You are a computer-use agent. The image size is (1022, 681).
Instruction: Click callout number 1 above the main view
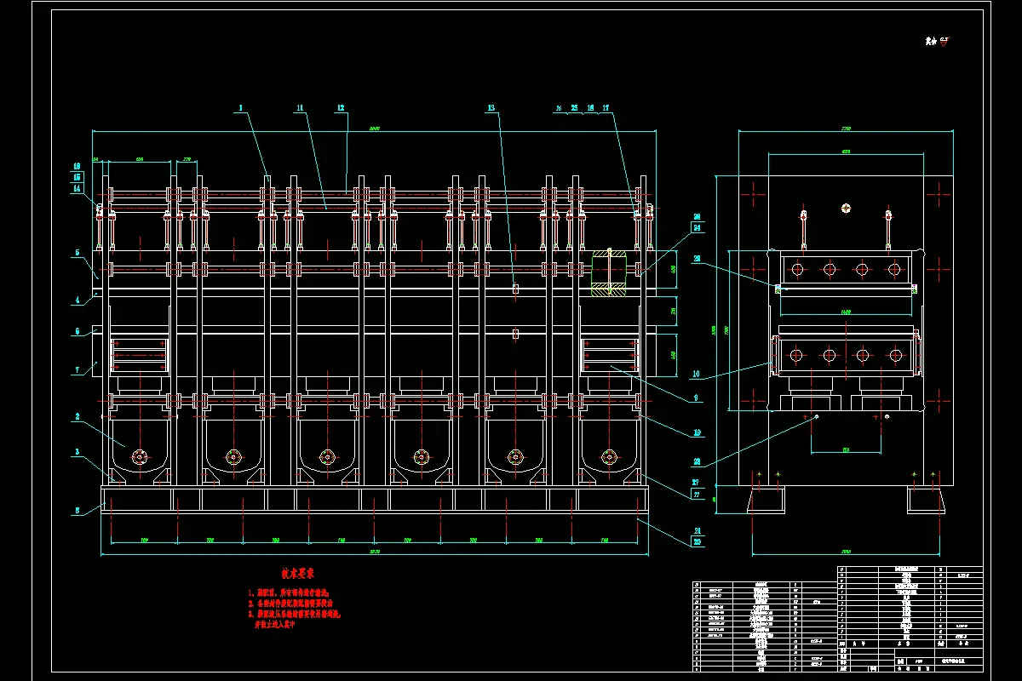(241, 108)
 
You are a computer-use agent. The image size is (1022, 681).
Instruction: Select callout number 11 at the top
(300, 108)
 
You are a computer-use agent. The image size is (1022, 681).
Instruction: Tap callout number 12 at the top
(340, 108)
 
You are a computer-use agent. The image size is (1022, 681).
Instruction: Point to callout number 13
(491, 108)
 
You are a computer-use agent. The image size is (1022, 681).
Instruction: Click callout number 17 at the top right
(606, 108)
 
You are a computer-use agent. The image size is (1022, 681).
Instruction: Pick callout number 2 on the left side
(78, 417)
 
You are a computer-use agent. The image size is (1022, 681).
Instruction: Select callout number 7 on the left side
(78, 370)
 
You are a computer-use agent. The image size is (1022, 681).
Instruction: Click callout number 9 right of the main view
(698, 398)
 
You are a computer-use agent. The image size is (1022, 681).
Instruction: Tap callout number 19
(698, 432)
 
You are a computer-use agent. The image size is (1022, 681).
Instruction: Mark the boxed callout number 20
(698, 542)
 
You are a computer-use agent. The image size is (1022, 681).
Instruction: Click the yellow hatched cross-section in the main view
(609, 272)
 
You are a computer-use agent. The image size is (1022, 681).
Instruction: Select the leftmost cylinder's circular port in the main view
(139, 456)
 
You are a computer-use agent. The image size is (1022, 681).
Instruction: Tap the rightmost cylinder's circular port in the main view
(608, 456)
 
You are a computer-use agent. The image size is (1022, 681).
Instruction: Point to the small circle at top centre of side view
(846, 207)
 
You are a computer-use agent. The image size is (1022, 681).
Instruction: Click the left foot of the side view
(768, 500)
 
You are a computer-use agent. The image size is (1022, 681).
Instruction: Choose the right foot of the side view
(926, 500)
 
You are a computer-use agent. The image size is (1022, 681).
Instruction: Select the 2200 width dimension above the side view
(846, 129)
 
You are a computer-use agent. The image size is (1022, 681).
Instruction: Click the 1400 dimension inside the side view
(846, 312)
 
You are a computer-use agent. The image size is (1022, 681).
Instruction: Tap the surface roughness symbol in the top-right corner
(937, 40)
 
